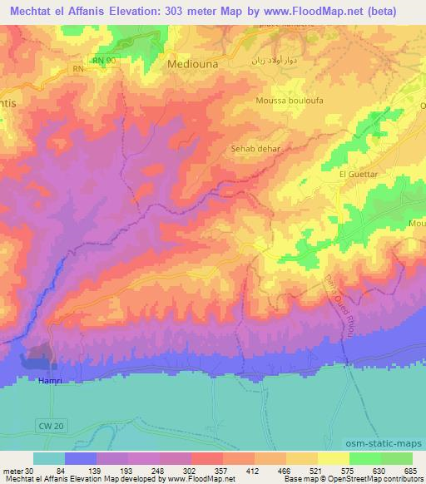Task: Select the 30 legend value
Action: [29, 470]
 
